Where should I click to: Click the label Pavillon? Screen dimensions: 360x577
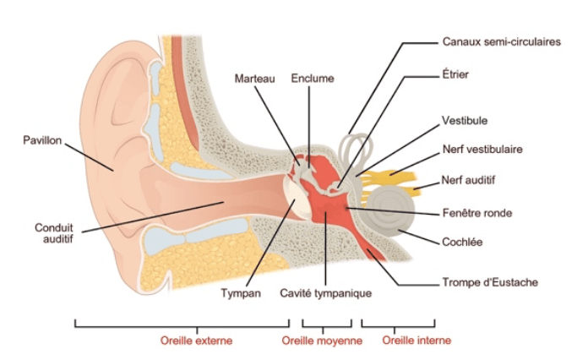pyautogui.click(x=41, y=139)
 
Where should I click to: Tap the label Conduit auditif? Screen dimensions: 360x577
pyautogui.click(x=52, y=233)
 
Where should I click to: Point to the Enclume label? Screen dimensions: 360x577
pyautogui.click(x=312, y=79)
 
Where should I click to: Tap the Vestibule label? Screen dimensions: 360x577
pyautogui.click(x=465, y=121)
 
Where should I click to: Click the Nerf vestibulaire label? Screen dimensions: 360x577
pyautogui.click(x=482, y=149)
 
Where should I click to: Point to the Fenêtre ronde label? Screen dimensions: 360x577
pyautogui.click(x=476, y=212)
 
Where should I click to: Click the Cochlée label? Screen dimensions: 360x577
pyautogui.click(x=462, y=242)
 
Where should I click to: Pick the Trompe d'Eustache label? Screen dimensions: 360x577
pyautogui.click(x=489, y=282)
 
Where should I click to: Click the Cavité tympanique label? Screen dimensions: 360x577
pyautogui.click(x=325, y=293)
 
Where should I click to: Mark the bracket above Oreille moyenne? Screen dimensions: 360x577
pyautogui.click(x=326, y=325)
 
